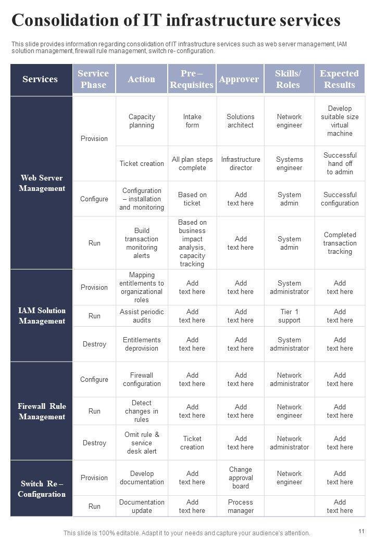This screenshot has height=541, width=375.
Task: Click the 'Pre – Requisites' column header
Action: (192, 79)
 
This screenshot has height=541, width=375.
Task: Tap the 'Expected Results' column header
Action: (339, 79)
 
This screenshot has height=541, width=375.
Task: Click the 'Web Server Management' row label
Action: (42, 183)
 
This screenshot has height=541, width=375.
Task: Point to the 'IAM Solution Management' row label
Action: (42, 316)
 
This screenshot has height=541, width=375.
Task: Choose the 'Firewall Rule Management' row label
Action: (42, 411)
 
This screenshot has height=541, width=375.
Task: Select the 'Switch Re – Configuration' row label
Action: (42, 488)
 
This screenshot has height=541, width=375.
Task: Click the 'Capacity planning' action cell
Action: (142, 121)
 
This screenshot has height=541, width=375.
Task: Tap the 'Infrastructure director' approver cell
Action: (241, 163)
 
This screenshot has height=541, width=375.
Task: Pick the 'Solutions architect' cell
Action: (241, 121)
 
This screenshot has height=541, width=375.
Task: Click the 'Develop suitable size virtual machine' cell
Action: (340, 121)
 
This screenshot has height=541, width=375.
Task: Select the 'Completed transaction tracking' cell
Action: (340, 243)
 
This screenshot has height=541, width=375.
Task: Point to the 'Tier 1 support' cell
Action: (290, 316)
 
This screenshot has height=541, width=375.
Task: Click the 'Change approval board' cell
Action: (241, 478)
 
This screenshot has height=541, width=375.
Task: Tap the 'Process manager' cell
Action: (241, 506)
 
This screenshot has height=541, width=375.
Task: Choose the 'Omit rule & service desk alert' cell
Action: (142, 443)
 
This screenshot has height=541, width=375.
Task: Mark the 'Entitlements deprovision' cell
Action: (142, 344)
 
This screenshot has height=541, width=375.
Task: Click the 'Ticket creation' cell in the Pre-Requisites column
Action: (192, 443)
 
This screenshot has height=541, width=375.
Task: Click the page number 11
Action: (361, 531)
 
